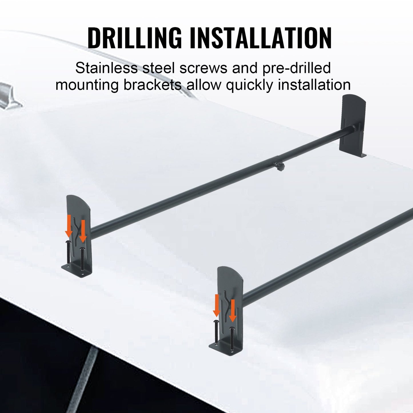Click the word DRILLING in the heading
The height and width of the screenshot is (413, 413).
tap(134, 38)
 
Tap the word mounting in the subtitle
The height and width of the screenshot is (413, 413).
tap(87, 85)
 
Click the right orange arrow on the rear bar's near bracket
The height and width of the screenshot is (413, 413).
tap(83, 231)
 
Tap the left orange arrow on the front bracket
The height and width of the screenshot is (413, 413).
tap(217, 305)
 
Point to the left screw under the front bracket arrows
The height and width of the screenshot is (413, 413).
tap(216, 331)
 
